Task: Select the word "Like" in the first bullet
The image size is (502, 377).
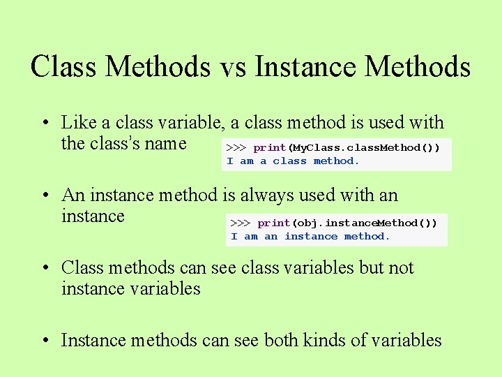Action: pos(79,123)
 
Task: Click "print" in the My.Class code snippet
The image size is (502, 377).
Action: pos(270,148)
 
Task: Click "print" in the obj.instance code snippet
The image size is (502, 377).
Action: pos(274,223)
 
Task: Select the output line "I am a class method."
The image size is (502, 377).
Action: pos(293,161)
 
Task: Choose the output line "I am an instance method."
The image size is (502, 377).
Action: pos(310,237)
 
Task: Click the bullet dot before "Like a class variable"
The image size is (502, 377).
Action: pos(44,124)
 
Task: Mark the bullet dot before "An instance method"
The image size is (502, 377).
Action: pos(44,197)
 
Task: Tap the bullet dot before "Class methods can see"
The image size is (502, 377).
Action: pos(44,269)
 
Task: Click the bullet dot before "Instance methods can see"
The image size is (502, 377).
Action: pos(44,342)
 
